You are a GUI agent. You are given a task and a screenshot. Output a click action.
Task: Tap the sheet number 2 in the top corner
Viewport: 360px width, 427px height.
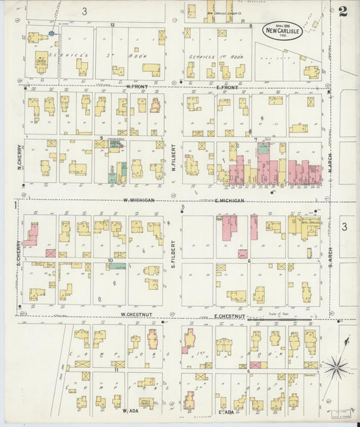pos(343,11)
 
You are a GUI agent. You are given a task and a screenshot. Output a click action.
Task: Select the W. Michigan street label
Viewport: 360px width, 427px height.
pos(138,200)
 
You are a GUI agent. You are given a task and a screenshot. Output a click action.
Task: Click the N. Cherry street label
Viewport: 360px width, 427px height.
pos(21,155)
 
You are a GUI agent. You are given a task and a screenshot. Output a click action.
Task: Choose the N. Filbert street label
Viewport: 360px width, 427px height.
pos(174,155)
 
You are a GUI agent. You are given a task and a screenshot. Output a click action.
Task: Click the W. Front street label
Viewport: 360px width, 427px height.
pos(136,86)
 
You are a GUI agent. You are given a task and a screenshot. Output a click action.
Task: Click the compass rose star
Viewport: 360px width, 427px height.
pos(336,369)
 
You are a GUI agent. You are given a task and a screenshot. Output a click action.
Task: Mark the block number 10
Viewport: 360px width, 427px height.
pos(109,259)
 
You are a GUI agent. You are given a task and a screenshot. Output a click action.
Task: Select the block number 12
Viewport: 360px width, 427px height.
pos(113,25)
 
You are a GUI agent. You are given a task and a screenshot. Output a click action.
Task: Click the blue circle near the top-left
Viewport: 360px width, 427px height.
pos(51,32)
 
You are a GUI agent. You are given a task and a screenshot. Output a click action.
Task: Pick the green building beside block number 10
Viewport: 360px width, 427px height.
pos(118,266)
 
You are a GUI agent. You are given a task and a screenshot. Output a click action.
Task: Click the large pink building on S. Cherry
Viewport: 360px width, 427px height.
pos(31,234)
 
